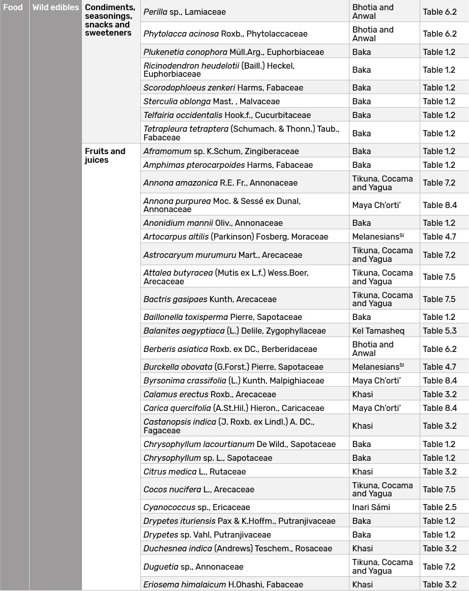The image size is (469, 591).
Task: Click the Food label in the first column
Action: (13, 7)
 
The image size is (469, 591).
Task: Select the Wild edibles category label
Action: (55, 7)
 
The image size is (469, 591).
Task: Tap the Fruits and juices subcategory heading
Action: (105, 155)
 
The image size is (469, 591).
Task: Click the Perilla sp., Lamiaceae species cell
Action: (184, 11)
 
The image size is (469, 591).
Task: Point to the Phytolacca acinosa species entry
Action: (225, 34)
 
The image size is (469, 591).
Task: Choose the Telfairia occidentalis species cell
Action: (227, 115)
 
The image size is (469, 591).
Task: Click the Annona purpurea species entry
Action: (222, 205)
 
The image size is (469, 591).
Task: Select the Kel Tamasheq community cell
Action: (378, 331)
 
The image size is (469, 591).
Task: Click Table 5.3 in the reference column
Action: (439, 331)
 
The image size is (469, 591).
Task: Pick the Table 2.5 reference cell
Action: (439, 507)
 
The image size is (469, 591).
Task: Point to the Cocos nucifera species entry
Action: (198, 489)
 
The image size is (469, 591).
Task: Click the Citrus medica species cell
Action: (194, 471)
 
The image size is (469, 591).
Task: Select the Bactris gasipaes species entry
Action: (210, 299)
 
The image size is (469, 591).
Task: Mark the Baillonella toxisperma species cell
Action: (222, 317)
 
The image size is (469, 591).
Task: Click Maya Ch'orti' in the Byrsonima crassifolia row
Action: (376, 380)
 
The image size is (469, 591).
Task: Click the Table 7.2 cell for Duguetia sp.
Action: (439, 567)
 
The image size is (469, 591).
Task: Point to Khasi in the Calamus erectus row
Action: (362, 394)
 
